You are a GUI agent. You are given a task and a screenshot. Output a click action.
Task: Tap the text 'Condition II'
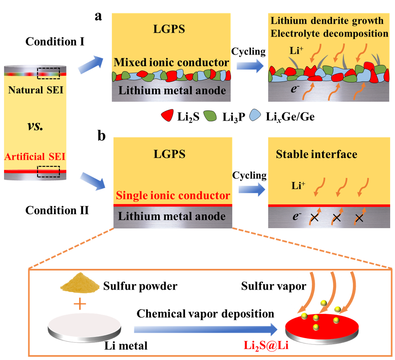point(56,211)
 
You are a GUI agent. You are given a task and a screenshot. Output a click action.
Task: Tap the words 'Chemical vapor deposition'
point(205,313)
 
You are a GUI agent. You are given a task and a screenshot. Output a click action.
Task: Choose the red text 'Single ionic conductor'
point(173,196)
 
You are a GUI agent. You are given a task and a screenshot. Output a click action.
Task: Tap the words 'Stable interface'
point(317,154)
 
